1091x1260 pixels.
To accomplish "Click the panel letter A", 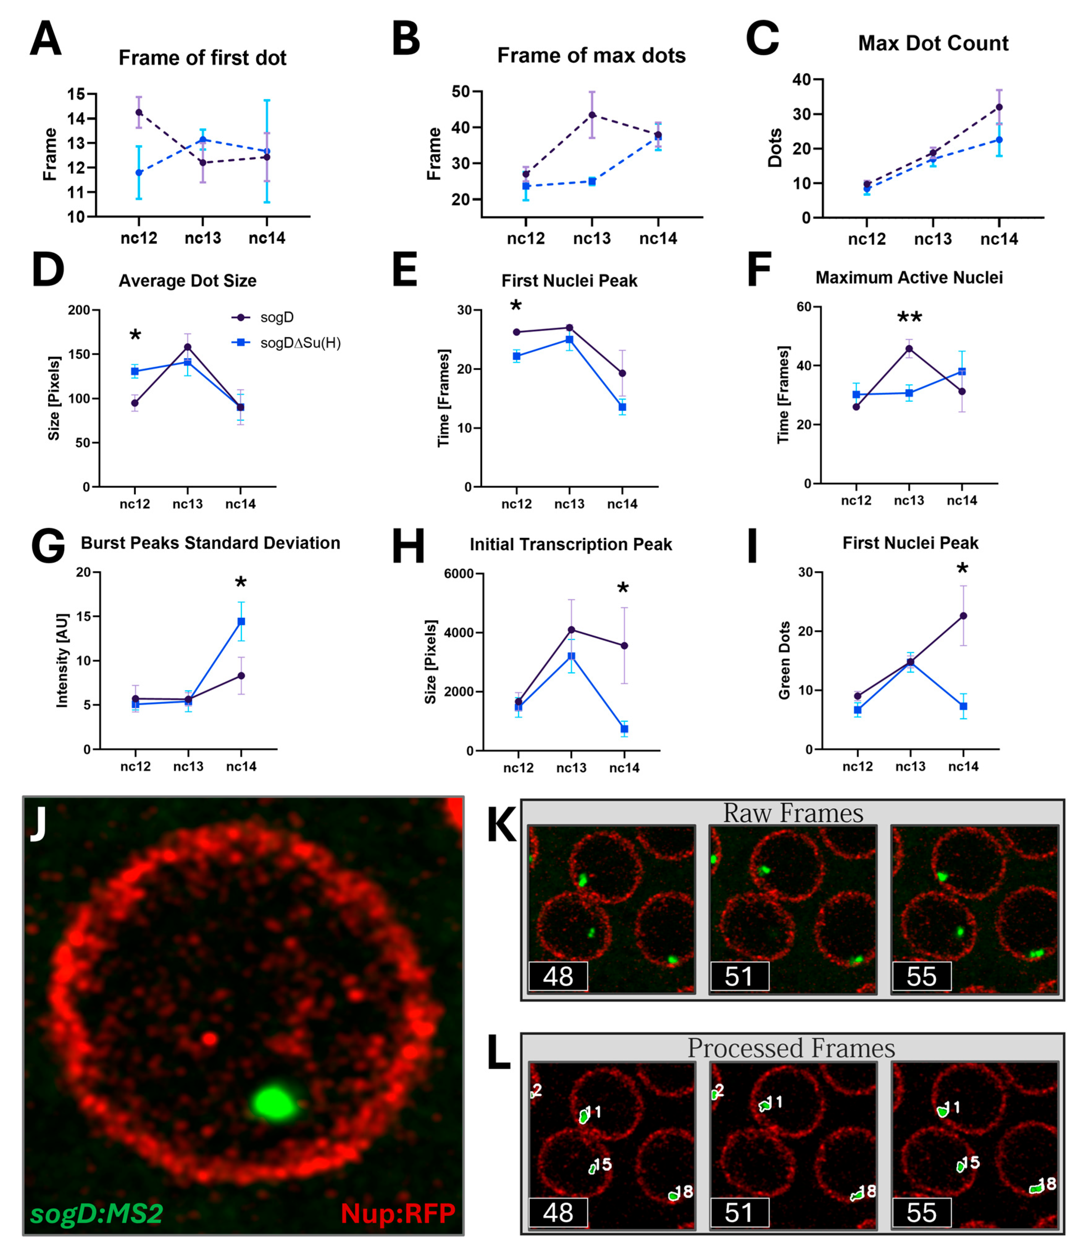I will tap(46, 39).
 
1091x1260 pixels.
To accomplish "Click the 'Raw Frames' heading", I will tap(793, 814).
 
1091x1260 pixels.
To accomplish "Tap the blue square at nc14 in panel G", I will tap(241, 621).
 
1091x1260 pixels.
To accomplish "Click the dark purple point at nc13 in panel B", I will tap(592, 115).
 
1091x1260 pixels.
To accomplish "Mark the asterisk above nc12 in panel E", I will tap(516, 306).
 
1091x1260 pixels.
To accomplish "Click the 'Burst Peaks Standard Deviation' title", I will tap(210, 543).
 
